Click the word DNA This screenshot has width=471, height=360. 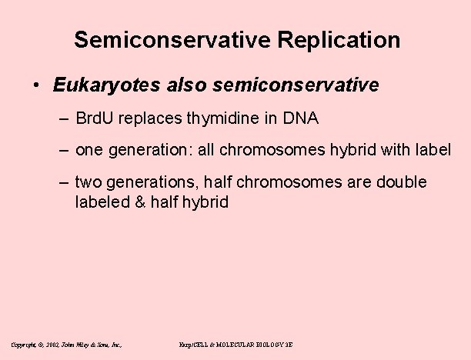click(299, 119)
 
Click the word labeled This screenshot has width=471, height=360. click(102, 203)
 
